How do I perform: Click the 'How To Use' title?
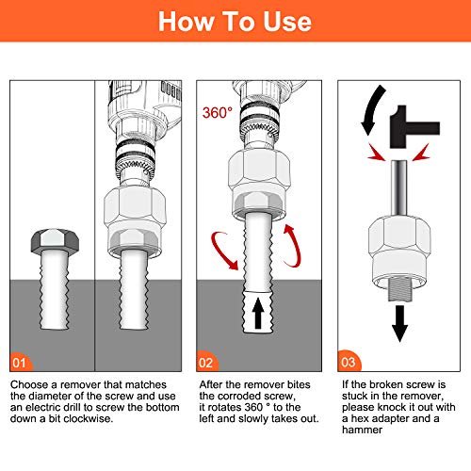pyautogui.click(x=235, y=22)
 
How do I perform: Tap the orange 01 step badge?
pyautogui.click(x=21, y=362)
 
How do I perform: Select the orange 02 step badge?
pyautogui.click(x=206, y=362)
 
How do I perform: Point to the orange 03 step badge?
pyautogui.click(x=349, y=361)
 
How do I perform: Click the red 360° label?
pyautogui.click(x=218, y=113)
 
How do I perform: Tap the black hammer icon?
pyautogui.click(x=414, y=127)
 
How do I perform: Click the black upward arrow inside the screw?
pyautogui.click(x=258, y=314)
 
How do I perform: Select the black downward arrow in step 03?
pyautogui.click(x=399, y=323)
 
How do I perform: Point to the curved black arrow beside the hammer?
pyautogui.click(x=370, y=108)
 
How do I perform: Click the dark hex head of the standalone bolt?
pyautogui.click(x=55, y=240)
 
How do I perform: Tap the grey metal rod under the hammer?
pyautogui.click(x=399, y=187)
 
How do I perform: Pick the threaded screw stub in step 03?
pyautogui.click(x=399, y=289)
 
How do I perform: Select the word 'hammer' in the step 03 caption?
pyautogui.click(x=362, y=430)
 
